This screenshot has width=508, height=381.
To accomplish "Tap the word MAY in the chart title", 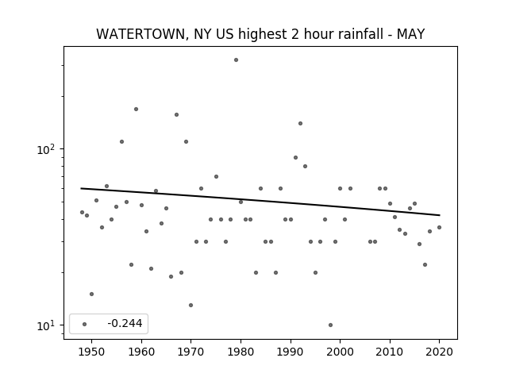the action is pos(410,34).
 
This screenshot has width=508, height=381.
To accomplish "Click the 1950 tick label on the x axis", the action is pos(92,352).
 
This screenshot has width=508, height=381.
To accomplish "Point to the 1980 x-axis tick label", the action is pos(241,352).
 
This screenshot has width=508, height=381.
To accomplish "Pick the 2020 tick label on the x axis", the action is pos(439,352).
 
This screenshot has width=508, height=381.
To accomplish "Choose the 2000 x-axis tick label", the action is pos(340,352).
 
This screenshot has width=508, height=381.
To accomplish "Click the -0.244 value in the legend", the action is pos(125,323).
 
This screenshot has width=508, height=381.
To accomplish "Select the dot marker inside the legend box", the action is pos(85,324).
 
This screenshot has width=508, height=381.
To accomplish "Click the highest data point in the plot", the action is pos(237,60).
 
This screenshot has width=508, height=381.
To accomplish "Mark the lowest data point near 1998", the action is pos(330,325).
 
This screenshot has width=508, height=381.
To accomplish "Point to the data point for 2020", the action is pos(439,228).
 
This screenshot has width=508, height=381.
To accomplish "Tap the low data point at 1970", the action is pos(190,305).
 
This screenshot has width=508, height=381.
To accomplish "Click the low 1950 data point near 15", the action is pos(92,294).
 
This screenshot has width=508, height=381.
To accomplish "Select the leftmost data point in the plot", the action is pos(82,213).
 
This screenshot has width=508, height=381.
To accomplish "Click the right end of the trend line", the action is pos(440,215).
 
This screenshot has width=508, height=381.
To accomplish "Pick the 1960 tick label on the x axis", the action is pos(141,352).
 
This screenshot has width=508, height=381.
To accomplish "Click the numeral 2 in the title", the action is pos(294,34).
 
